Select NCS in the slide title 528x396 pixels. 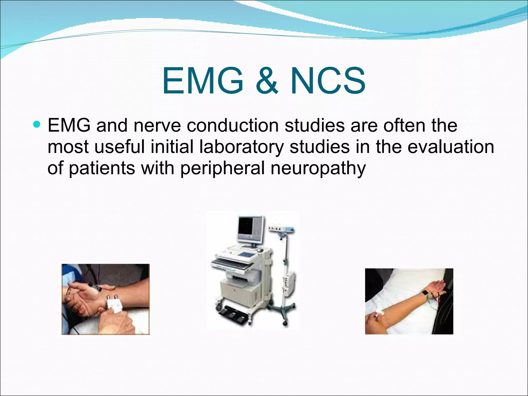(x=328, y=81)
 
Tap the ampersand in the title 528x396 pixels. (x=267, y=81)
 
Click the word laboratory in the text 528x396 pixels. (x=241, y=147)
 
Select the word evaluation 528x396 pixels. (x=451, y=147)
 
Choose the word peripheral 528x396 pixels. (x=222, y=168)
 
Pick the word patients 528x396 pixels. (x=102, y=168)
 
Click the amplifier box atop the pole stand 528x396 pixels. (x=281, y=229)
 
